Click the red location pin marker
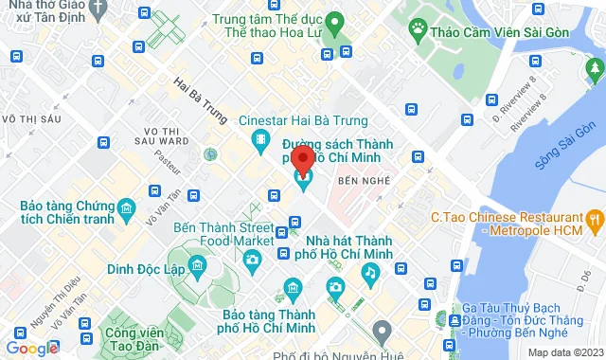tap(303, 161)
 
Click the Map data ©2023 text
tap(565, 352)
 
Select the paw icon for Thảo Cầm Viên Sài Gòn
tap(417, 30)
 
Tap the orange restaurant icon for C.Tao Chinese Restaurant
tap(595, 223)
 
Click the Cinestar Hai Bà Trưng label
tap(289, 120)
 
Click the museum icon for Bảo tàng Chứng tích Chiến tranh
tap(126, 207)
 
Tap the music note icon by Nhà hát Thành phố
tap(369, 273)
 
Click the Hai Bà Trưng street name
tap(201, 99)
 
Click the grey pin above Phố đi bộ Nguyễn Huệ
tap(382, 332)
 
